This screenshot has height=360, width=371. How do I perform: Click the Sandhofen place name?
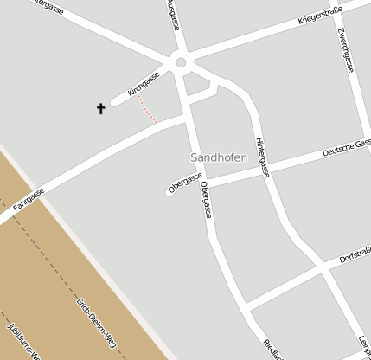click(218, 157)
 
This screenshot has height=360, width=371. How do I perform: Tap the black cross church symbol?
click(100, 109)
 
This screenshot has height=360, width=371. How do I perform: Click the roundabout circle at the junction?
click(181, 62)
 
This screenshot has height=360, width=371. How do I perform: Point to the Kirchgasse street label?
click(144, 83)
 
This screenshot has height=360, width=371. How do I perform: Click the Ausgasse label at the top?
click(172, 15)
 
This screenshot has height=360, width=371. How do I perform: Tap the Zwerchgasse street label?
click(348, 50)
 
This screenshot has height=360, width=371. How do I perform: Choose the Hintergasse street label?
click(262, 157)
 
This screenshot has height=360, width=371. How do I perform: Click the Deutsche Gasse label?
click(346, 147)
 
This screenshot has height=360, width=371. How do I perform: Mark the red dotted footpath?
click(148, 110)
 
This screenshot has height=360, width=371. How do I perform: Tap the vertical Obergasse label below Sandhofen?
click(206, 200)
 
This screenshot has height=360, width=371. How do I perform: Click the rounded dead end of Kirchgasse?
click(114, 108)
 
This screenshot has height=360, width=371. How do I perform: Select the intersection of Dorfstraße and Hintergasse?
click(326, 267)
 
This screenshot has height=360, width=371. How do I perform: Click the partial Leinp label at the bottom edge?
click(364, 347)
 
